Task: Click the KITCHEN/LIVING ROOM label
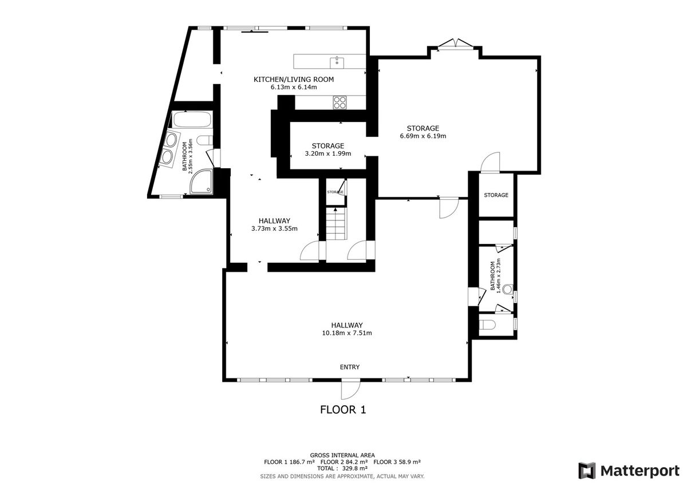coord(294,80)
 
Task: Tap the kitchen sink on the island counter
coord(337,62)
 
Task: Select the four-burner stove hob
coord(340,102)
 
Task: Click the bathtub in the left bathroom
coord(192,120)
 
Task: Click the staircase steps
coord(336,223)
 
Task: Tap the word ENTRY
coord(350,367)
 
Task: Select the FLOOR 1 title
coord(343,410)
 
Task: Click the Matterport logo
coord(629,471)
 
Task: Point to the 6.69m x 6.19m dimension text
coord(423,136)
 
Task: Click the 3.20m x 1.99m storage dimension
coord(328,153)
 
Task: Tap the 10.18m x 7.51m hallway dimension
coord(347,333)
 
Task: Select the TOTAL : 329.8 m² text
coord(342,468)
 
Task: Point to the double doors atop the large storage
coord(456,44)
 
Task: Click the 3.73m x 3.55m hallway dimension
coord(274,228)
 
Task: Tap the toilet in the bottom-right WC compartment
coord(487,325)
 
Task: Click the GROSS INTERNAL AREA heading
coord(342,455)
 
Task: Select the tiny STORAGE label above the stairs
coord(335,192)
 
